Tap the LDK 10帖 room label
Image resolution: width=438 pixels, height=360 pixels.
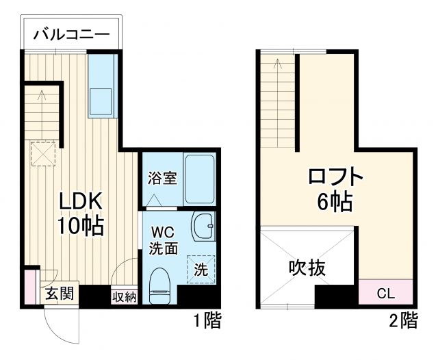[80, 213]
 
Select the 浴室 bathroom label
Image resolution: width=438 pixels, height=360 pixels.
[163, 178]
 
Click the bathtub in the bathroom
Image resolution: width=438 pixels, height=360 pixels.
[199, 179]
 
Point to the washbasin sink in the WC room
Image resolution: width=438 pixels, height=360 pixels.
[203, 225]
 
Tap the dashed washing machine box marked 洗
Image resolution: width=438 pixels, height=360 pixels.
[201, 269]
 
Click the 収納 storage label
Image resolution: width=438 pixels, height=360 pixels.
[124, 296]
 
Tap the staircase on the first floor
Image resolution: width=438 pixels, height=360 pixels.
[43, 110]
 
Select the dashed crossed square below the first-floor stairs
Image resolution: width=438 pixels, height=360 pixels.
[43, 153]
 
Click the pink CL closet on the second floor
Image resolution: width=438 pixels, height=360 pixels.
[386, 294]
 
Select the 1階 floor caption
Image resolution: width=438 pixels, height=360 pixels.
[205, 320]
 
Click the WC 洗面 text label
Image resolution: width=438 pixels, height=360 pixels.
[164, 240]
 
